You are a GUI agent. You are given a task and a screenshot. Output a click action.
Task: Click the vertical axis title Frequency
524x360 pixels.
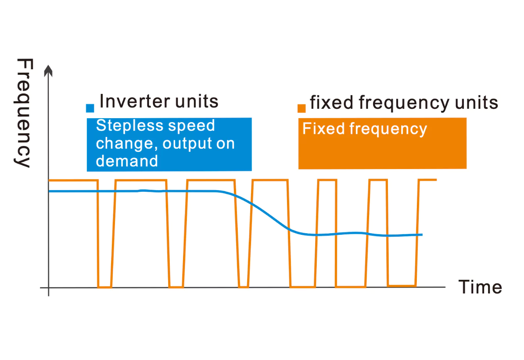23,113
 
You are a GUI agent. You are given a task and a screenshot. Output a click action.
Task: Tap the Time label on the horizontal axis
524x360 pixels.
481,287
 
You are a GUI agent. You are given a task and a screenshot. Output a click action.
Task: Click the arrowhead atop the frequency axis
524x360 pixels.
48,71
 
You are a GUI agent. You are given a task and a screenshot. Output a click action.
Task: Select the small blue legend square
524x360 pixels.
90,108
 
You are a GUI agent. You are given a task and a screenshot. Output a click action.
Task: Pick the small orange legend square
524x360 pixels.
301,108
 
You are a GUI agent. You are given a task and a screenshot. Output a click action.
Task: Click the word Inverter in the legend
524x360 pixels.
135,101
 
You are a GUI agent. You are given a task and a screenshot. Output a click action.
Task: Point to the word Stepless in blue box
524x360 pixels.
129,126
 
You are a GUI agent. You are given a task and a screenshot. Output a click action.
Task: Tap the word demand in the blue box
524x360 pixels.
127,161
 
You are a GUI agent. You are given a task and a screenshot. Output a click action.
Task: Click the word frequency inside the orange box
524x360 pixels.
388,129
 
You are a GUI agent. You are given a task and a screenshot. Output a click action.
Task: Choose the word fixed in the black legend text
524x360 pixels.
332,103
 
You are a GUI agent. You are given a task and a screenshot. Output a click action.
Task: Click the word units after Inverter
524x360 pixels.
196,102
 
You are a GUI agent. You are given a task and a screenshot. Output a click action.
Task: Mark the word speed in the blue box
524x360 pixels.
191,126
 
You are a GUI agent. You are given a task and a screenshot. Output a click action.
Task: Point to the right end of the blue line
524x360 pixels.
422,234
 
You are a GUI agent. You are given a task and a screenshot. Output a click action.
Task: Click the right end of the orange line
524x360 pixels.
436,180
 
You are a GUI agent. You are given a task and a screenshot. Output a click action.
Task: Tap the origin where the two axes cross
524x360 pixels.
48,288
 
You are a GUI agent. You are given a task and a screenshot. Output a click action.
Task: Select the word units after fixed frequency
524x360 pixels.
477,103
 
